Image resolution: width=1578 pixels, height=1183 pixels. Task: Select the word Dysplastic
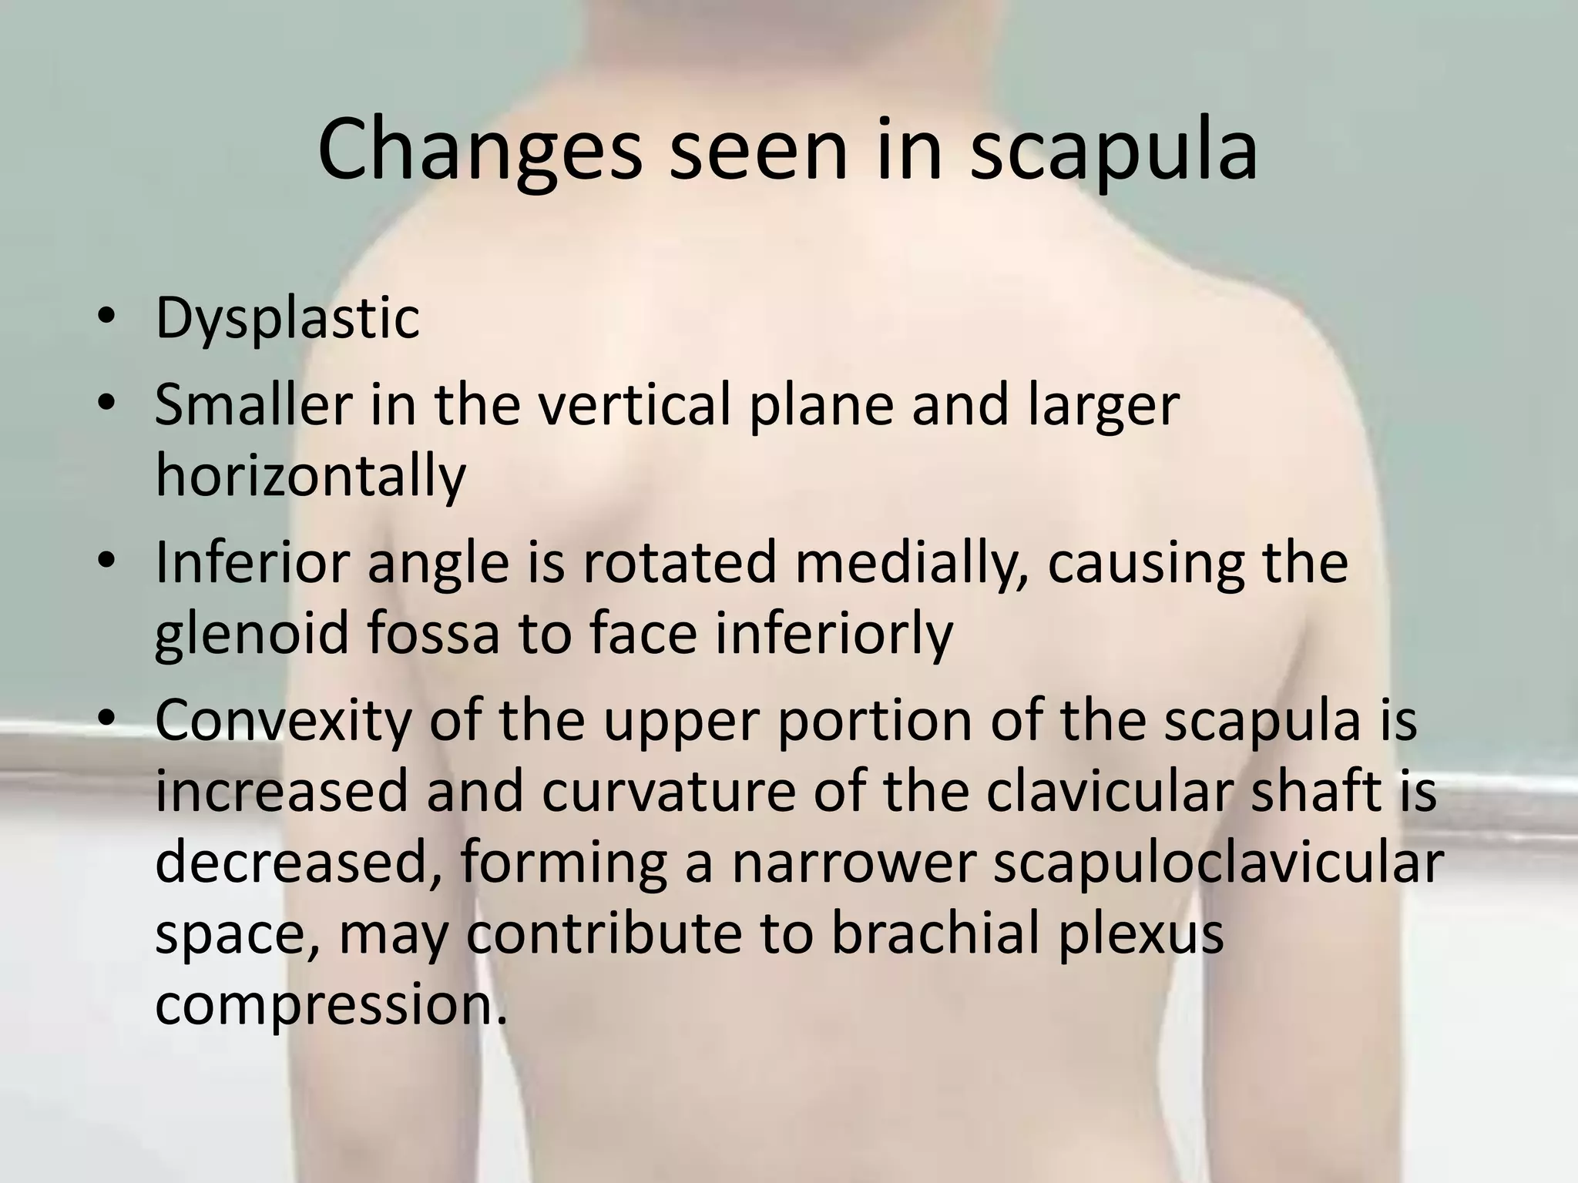pyautogui.click(x=287, y=319)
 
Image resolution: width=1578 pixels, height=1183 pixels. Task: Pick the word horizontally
pyautogui.click(x=311, y=475)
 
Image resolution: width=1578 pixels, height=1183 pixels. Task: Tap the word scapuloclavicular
pyautogui.click(x=1217, y=863)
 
